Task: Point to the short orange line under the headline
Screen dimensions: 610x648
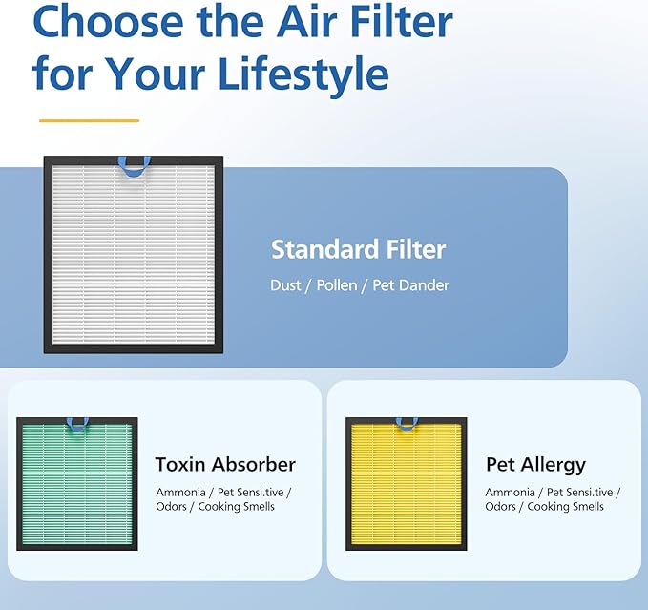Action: [89, 121]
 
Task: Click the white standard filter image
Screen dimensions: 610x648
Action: [133, 255]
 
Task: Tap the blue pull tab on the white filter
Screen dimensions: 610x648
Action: [133, 167]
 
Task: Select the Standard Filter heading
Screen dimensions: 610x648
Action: [358, 250]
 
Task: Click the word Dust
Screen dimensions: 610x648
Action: [286, 285]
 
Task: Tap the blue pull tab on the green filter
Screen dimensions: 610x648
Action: [77, 423]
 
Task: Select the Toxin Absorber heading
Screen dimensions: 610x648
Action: [225, 465]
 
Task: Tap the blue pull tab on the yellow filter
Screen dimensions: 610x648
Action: [407, 423]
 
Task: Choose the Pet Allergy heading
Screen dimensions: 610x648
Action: [535, 466]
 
